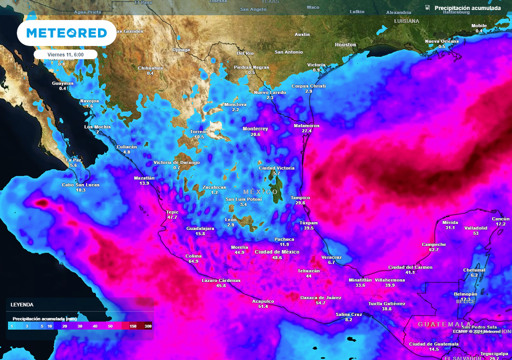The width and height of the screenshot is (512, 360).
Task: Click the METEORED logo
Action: pyautogui.click(x=66, y=33)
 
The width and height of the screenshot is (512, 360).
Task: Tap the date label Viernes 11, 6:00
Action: pyautogui.click(x=65, y=54)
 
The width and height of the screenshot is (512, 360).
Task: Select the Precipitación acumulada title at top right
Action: pyautogui.click(x=467, y=8)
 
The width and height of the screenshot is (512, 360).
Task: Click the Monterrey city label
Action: pyautogui.click(x=255, y=128)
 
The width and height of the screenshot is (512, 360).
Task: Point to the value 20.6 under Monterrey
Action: pyautogui.click(x=255, y=134)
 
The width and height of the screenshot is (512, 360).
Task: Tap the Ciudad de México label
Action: pyautogui.click(x=276, y=251)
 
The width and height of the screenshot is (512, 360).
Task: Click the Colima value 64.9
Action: pyautogui.click(x=192, y=261)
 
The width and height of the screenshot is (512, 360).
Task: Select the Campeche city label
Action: pyautogui.click(x=433, y=244)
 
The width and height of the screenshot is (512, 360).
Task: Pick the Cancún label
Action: pyautogui.click(x=500, y=218)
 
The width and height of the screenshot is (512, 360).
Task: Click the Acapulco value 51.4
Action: pyautogui.click(x=263, y=306)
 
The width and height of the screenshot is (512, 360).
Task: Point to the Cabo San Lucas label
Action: pyautogui.click(x=80, y=184)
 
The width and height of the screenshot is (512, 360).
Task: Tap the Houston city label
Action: pyautogui.click(x=345, y=44)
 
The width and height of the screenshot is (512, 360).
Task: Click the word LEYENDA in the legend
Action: pyautogui.click(x=22, y=304)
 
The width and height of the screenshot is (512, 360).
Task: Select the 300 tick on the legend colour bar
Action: pyautogui.click(x=148, y=326)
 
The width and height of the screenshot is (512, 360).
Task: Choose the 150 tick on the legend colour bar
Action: pyautogui.click(x=132, y=326)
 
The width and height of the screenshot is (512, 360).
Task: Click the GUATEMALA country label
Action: pyautogui.click(x=437, y=324)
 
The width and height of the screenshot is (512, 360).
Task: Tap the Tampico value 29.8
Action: pyautogui.click(x=300, y=203)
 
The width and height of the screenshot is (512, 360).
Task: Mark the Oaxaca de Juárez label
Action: pyautogui.click(x=320, y=297)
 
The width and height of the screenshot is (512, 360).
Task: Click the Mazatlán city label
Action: pyautogui.click(x=144, y=177)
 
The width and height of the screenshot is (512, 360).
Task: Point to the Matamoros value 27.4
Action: pyautogui.click(x=306, y=131)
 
